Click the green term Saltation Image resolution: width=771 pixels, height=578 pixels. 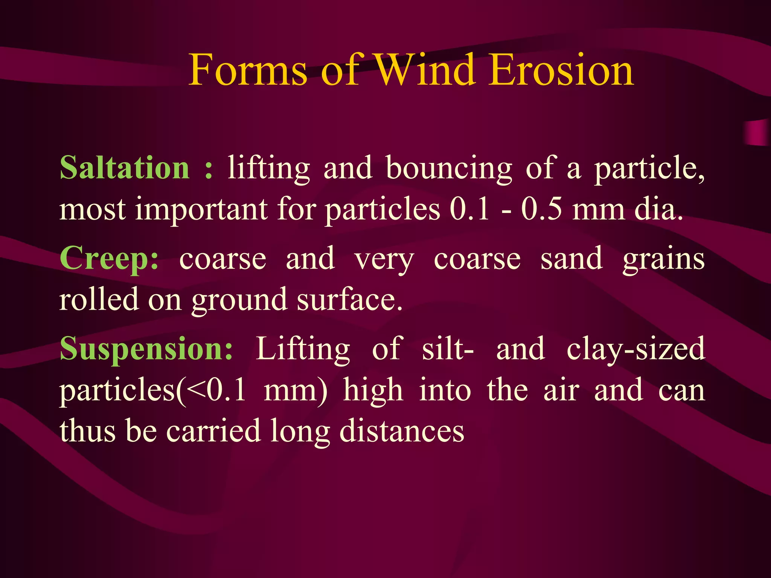(125, 168)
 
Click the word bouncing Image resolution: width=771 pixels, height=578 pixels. (449, 169)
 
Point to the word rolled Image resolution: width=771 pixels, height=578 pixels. (99, 300)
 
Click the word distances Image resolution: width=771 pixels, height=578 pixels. (402, 431)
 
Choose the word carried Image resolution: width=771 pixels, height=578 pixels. (213, 431)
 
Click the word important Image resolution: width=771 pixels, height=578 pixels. (201, 210)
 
